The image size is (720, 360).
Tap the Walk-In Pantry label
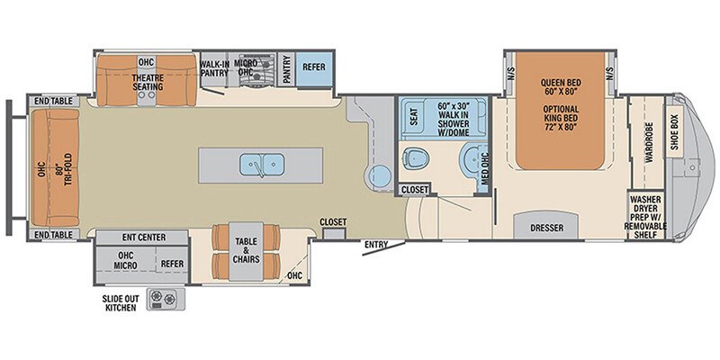(x=214, y=68)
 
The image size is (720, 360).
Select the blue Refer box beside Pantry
(x=313, y=67)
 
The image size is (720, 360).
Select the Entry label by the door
(x=376, y=244)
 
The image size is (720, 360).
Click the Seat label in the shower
(x=413, y=116)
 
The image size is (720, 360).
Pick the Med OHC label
(x=484, y=163)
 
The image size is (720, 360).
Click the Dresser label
(x=547, y=229)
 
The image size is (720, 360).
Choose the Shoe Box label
(x=675, y=131)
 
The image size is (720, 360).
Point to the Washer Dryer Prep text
(x=648, y=211)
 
